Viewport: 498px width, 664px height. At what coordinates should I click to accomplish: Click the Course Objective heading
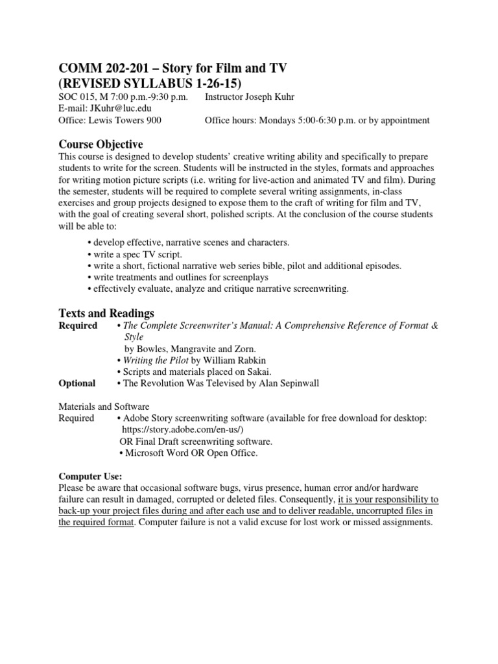pyautogui.click(x=101, y=144)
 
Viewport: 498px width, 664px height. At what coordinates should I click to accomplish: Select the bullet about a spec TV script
pyautogui.click(x=139, y=254)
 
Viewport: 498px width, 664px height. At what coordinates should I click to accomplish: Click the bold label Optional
pyautogui.click(x=77, y=383)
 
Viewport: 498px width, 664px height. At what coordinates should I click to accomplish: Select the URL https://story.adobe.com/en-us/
pyautogui.click(x=184, y=430)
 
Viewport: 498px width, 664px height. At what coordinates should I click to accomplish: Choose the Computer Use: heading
pyautogui.click(x=86, y=475)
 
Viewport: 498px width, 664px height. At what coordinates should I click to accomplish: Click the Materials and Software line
pyautogui.click(x=104, y=407)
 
